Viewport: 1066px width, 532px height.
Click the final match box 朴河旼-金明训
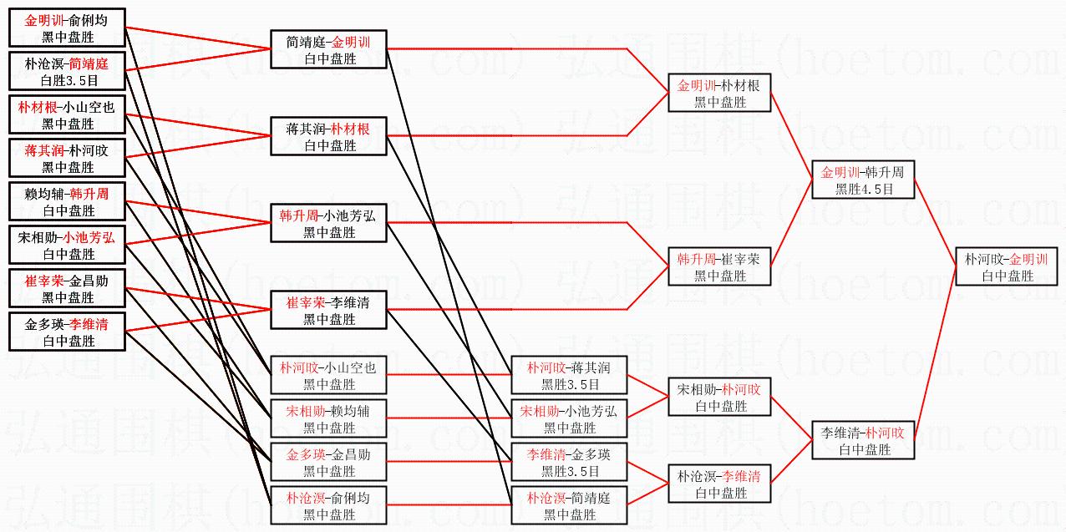pyautogui.click(x=1007, y=267)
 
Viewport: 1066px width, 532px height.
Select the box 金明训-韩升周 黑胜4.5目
pyautogui.click(x=863, y=180)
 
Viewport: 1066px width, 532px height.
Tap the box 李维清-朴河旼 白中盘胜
pyautogui.click(x=863, y=440)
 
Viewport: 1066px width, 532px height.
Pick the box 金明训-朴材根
pyautogui.click(x=718, y=94)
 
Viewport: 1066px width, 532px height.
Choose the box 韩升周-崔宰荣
pyautogui.click(x=718, y=267)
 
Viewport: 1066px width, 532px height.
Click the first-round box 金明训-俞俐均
pyautogui.click(x=68, y=28)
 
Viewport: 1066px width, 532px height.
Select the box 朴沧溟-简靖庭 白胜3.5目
pyautogui.click(x=68, y=72)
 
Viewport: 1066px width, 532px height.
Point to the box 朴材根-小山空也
pyautogui.click(x=68, y=115)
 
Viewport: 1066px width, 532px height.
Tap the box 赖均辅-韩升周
pyautogui.click(x=68, y=202)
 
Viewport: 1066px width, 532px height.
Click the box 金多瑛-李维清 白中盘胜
pyautogui.click(x=68, y=332)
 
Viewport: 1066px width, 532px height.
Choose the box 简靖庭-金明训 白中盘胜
pyautogui.click(x=328, y=50)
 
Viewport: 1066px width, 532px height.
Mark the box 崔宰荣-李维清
pyautogui.click(x=328, y=311)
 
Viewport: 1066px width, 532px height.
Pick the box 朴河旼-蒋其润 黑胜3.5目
pyautogui.click(x=569, y=376)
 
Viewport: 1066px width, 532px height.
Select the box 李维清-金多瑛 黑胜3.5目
pyautogui.click(x=569, y=463)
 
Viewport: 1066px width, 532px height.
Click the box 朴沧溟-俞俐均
pyautogui.click(x=328, y=506)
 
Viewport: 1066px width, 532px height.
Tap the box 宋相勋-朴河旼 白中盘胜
pyautogui.click(x=718, y=398)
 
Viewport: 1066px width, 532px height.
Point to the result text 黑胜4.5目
pyautogui.click(x=863, y=190)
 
